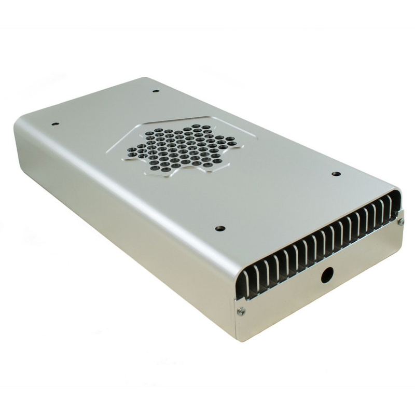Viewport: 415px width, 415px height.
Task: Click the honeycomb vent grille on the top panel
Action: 179,148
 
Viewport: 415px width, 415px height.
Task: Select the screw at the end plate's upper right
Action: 400,222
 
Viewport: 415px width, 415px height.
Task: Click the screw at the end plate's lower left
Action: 240,311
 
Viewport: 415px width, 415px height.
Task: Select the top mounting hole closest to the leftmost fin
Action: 218,228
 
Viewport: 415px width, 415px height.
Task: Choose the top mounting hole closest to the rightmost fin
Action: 335,174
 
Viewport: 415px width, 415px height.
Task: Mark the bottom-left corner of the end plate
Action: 237,340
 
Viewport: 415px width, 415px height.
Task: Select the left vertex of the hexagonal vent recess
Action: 107,150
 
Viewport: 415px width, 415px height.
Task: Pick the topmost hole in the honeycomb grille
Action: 198,126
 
